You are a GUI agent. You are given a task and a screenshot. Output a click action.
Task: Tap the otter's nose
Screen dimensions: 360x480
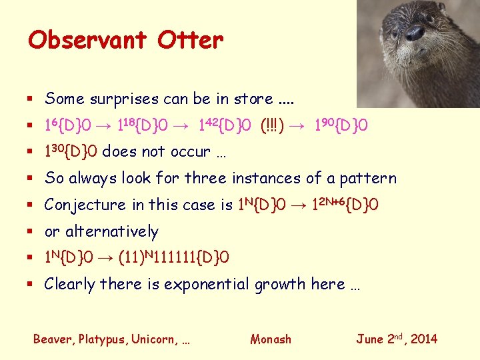point(415,33)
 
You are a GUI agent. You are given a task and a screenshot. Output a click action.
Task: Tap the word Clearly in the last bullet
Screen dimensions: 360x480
point(70,285)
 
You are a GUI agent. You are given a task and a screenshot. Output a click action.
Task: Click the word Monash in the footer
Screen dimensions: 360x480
point(271,339)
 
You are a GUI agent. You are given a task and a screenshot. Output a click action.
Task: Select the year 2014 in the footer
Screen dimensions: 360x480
point(423,339)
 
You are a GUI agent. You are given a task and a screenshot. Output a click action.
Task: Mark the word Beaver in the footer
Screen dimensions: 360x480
point(53,339)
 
